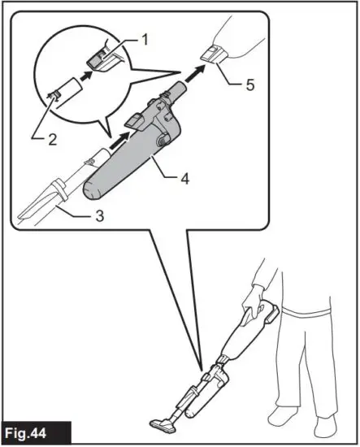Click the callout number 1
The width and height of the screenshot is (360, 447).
(146, 37)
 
